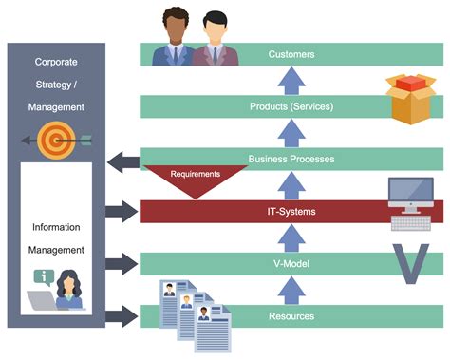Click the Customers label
(x=291, y=54)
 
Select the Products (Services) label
(x=291, y=106)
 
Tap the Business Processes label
(x=291, y=159)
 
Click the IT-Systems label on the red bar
(x=291, y=211)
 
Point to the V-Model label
(x=291, y=263)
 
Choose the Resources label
(x=291, y=315)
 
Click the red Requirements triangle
(x=194, y=179)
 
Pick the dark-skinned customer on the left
(x=177, y=38)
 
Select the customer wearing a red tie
(x=216, y=40)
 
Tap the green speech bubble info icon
(x=43, y=277)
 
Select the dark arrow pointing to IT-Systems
(x=122, y=212)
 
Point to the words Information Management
(x=57, y=238)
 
